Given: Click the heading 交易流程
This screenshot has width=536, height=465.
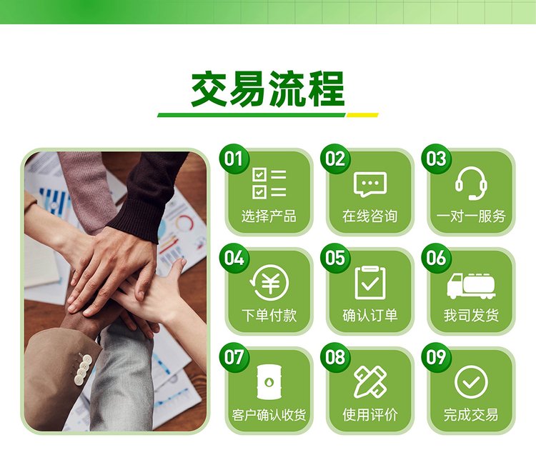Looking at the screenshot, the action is point(268,89).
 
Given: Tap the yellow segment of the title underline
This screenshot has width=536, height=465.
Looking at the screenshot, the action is point(362,115).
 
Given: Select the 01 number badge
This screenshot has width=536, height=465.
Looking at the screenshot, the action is point(234,159).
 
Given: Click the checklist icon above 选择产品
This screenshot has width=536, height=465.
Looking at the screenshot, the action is point(269,184).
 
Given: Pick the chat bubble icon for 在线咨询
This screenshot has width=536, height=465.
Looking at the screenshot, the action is point(370,184).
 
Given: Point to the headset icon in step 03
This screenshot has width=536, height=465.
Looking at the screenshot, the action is point(471,184).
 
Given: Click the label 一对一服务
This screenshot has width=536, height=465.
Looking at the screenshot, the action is point(471,216).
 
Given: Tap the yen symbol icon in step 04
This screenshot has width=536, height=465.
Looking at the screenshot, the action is point(269,283).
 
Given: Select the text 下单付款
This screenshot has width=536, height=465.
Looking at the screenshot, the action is point(269,315).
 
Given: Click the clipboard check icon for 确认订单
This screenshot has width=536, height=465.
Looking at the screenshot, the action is point(370,283).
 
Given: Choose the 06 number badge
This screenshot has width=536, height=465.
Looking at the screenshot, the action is point(437,258).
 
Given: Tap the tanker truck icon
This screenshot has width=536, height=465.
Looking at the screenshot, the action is point(471,286).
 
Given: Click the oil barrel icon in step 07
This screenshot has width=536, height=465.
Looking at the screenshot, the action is point(269,381).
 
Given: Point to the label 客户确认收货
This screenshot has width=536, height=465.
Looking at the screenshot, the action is point(269,415).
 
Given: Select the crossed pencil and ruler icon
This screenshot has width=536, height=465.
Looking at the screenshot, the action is point(370,381).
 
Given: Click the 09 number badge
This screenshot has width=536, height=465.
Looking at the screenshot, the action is point(437,357).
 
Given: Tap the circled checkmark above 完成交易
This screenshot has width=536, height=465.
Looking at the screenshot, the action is point(471,382).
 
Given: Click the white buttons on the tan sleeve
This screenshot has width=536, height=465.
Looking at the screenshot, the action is point(83,370).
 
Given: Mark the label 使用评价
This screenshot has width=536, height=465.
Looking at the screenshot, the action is point(370,415).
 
